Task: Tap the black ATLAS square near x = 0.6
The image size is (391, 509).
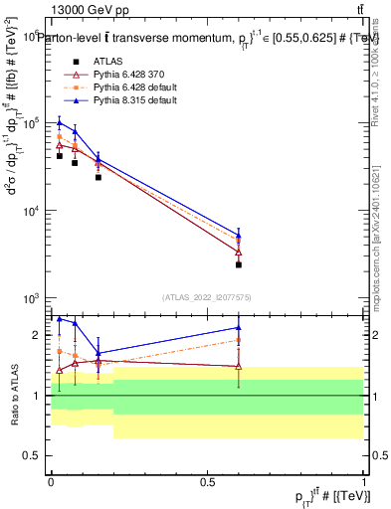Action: (239, 264)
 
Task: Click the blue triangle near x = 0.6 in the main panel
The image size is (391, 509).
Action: (239, 236)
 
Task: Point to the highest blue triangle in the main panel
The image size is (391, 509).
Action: (60, 122)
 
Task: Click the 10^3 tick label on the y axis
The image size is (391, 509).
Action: (32, 298)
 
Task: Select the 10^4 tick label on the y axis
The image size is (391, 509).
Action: (32, 211)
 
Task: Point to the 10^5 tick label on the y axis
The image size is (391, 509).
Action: (32, 123)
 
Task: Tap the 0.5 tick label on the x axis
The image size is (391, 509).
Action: (207, 481)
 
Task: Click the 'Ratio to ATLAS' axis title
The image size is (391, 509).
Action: (13, 396)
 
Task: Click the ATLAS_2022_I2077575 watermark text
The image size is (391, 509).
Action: (207, 296)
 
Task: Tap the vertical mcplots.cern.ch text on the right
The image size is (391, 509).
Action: (379, 239)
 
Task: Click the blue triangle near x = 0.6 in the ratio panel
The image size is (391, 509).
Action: (239, 327)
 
